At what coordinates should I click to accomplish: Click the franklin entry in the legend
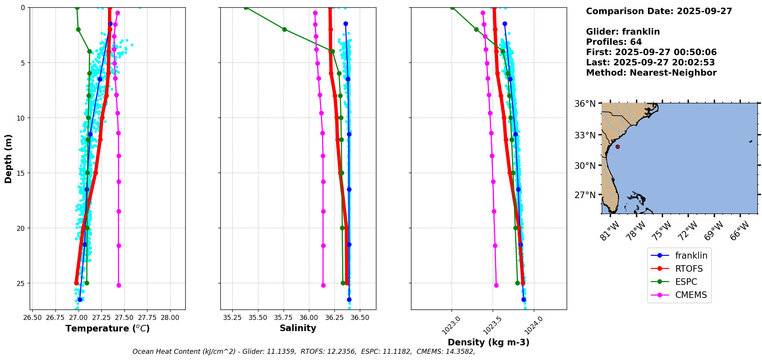point(691,256)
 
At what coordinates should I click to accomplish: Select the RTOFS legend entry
point(689,269)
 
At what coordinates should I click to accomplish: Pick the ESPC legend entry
point(686,282)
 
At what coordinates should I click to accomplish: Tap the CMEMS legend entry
point(691,295)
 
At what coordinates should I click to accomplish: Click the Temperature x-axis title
point(107,328)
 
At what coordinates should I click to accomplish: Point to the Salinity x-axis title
point(298,328)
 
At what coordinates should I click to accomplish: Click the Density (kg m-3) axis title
point(488,342)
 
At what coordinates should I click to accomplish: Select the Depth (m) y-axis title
point(8,158)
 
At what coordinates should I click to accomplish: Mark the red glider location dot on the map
point(618,146)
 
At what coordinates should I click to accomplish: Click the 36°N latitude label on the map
point(585,104)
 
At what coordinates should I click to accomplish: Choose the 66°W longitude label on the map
point(740,230)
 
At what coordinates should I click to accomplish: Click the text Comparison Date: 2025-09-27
point(659,11)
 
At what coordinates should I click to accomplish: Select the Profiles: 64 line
point(614,42)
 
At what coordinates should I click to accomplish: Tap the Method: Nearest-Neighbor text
point(651,73)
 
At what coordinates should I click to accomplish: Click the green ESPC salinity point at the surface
point(246,8)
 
